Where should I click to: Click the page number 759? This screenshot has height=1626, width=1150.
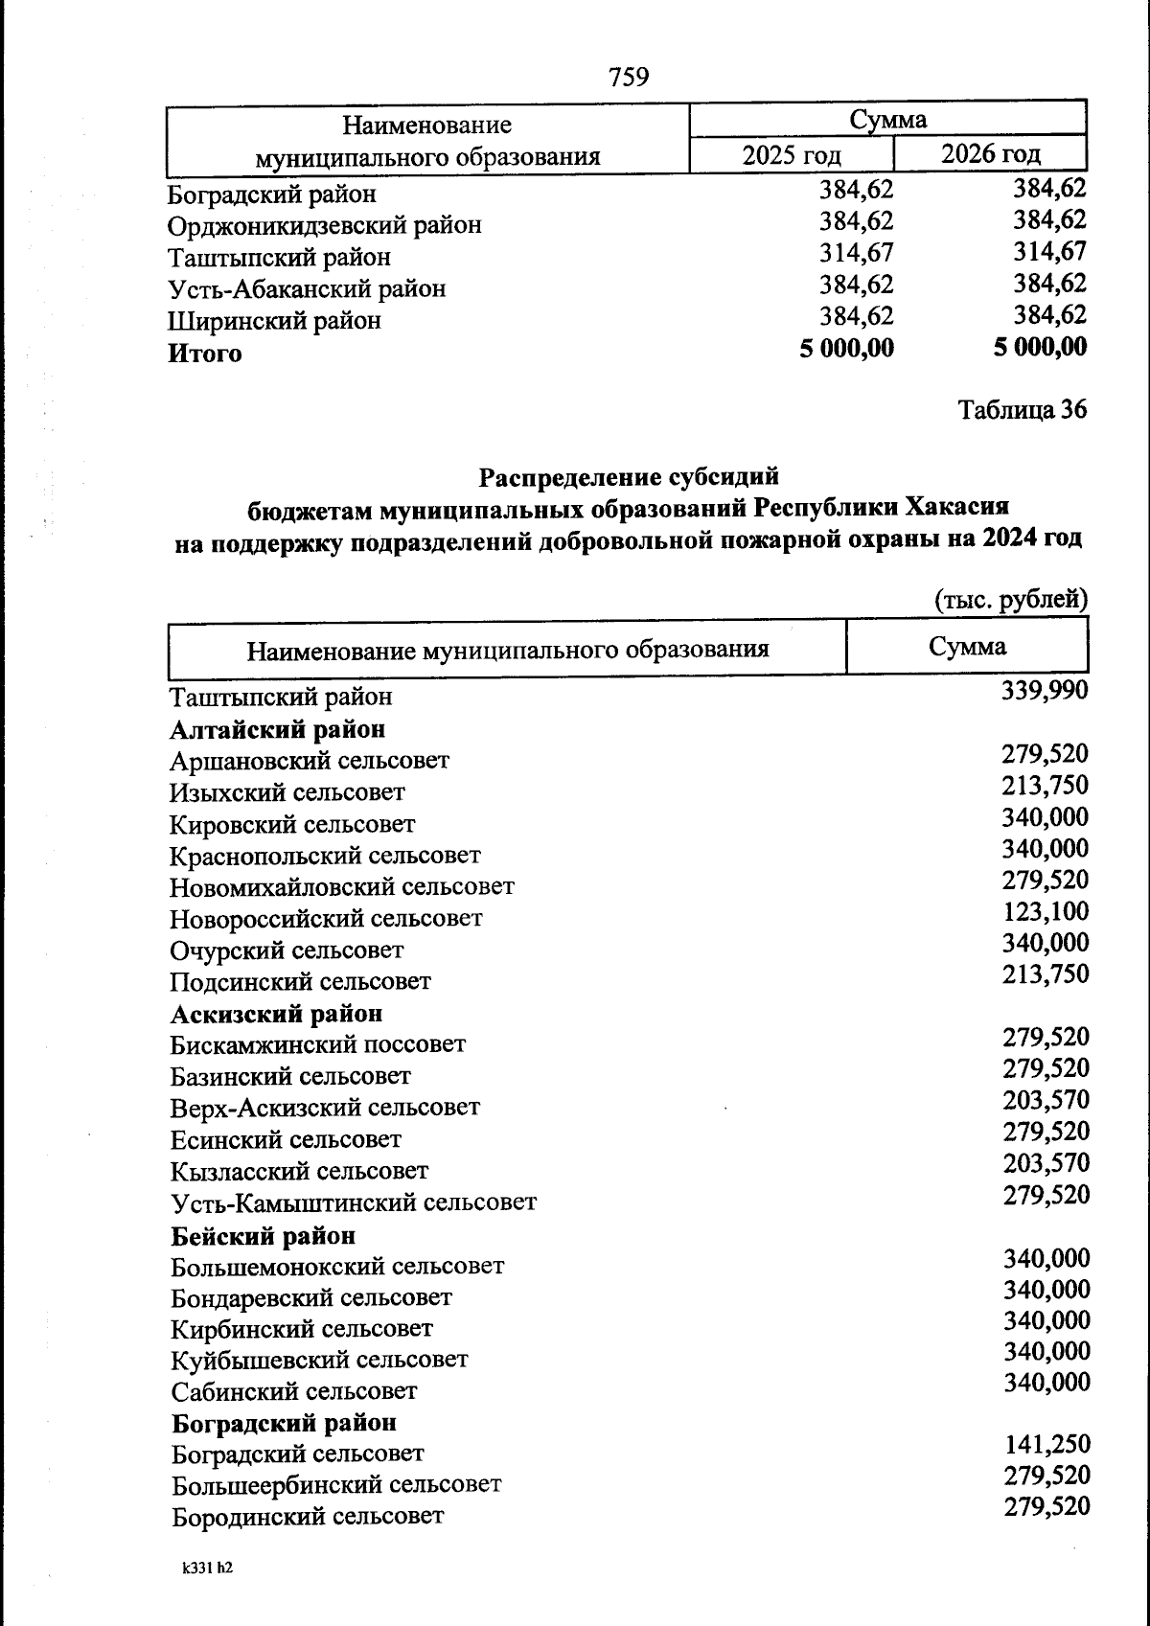(629, 76)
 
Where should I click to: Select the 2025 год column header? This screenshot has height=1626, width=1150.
(792, 154)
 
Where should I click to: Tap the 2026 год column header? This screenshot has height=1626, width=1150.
(990, 153)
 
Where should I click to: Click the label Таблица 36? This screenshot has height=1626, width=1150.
(1023, 410)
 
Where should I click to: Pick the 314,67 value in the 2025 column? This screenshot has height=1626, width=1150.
(856, 253)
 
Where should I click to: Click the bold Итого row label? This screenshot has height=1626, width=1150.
(205, 354)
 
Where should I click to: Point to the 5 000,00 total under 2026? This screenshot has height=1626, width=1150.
(1040, 347)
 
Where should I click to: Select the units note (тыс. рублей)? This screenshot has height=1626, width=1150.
(1011, 600)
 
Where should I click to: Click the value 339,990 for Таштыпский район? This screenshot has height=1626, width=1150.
(1044, 690)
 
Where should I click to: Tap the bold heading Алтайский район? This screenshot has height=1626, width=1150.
(278, 729)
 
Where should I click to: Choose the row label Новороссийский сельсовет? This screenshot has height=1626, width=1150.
(326, 918)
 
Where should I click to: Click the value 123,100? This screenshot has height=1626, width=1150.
(1046, 911)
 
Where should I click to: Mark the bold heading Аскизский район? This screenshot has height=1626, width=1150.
(276, 1013)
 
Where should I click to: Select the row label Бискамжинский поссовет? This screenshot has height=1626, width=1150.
(318, 1043)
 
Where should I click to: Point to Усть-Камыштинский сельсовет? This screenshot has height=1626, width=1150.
(354, 1202)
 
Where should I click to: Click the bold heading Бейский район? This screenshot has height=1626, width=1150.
(263, 1235)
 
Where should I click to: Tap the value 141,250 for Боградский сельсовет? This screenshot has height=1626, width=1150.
(1046, 1444)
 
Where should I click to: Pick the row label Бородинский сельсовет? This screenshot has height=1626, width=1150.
(308, 1516)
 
